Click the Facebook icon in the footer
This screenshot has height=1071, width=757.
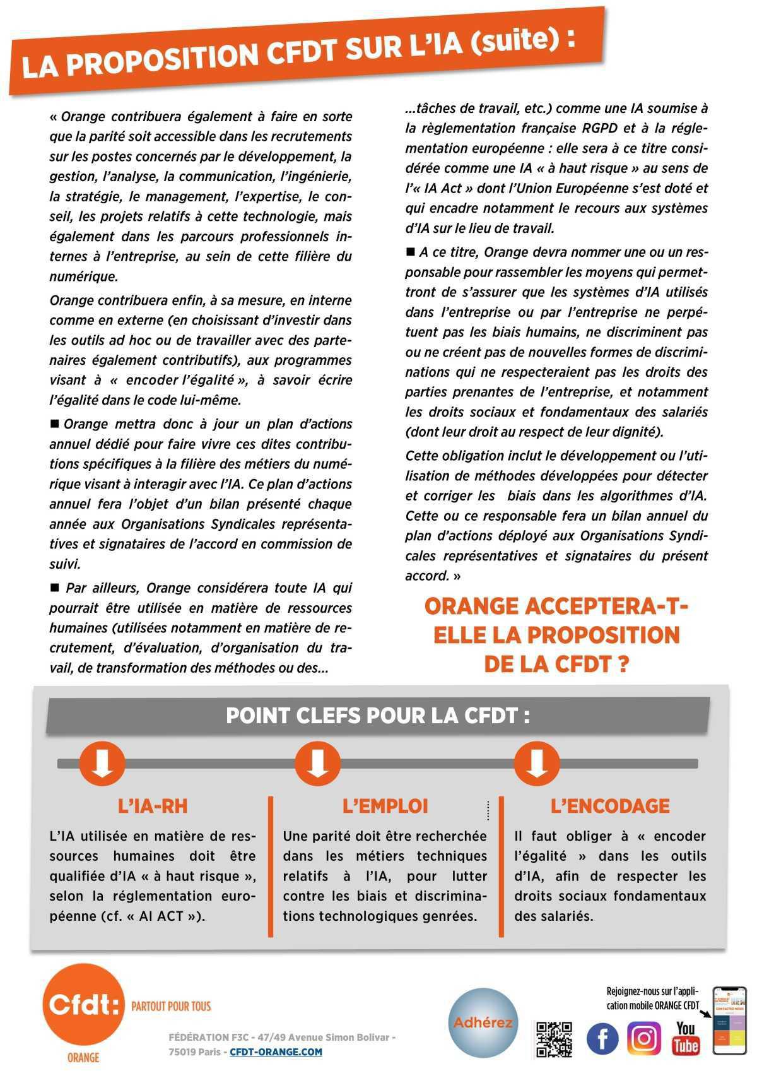602,1038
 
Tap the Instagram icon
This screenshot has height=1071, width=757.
644,1038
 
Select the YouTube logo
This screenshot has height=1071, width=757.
685,1038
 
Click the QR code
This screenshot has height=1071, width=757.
554,1039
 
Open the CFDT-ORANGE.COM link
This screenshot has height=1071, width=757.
276,1052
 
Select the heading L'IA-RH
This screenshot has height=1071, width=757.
153,806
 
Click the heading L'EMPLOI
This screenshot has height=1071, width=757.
385,806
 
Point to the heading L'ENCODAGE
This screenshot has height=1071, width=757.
610,806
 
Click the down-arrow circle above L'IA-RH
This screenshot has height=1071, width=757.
102,763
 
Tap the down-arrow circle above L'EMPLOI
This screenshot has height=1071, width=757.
317,763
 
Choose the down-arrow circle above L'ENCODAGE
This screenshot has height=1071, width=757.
537,763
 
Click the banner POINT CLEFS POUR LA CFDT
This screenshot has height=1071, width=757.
377,716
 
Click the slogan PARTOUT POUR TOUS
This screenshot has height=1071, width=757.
170,1006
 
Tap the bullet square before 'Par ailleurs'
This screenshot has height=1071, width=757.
54,588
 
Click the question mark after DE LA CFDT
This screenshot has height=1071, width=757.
623,664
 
